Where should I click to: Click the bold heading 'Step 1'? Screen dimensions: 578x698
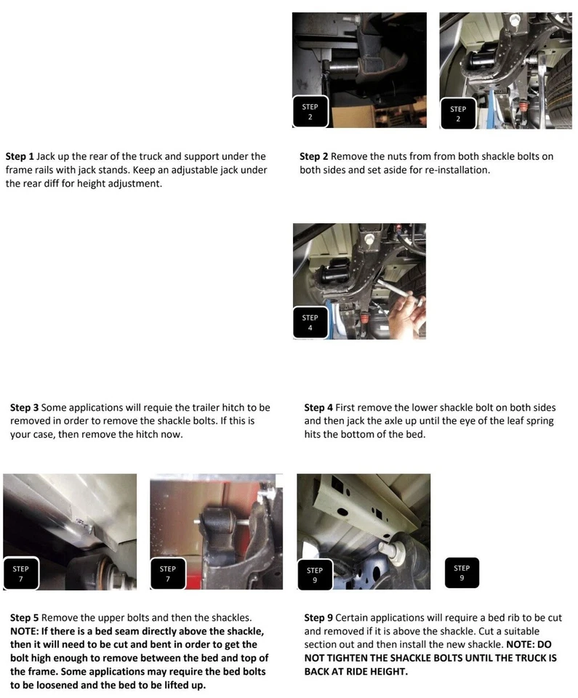pyautogui.click(x=20, y=156)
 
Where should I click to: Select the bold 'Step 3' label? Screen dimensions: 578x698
pyautogui.click(x=25, y=407)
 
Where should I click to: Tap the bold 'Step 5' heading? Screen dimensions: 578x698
pyautogui.click(x=25, y=617)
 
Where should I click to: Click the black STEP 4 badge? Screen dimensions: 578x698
pyautogui.click(x=310, y=323)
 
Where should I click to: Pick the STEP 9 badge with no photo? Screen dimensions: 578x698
pyautogui.click(x=462, y=573)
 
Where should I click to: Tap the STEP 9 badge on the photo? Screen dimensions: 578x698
pyautogui.click(x=315, y=574)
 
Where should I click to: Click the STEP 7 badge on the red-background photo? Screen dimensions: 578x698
pyautogui.click(x=168, y=574)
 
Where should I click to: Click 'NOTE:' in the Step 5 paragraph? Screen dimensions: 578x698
pyautogui.click(x=25, y=631)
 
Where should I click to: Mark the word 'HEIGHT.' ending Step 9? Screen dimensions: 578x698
pyautogui.click(x=388, y=671)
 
